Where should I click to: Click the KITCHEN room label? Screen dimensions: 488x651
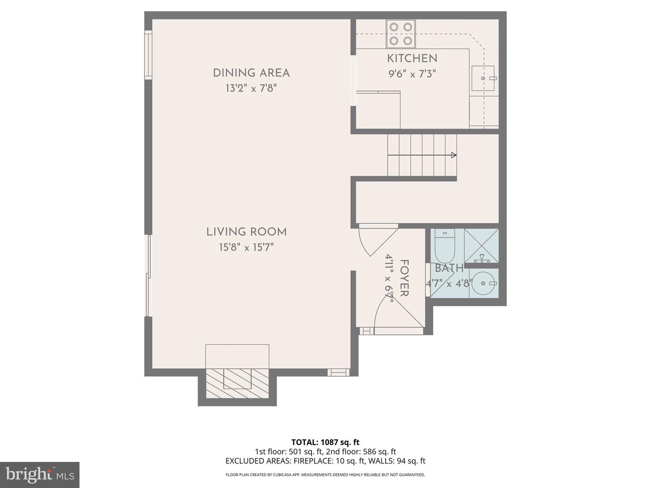pyautogui.click(x=412, y=58)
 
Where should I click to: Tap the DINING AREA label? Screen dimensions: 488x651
pyautogui.click(x=251, y=73)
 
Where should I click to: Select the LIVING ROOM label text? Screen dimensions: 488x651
pyautogui.click(x=246, y=232)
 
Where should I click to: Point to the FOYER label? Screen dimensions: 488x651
pyautogui.click(x=404, y=278)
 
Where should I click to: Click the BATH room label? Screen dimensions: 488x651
pyautogui.click(x=449, y=268)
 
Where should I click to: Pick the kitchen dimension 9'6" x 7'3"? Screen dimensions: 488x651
pyautogui.click(x=412, y=74)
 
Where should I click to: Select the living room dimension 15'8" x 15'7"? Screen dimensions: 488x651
pyautogui.click(x=246, y=247)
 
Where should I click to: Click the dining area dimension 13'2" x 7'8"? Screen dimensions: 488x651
pyautogui.click(x=251, y=88)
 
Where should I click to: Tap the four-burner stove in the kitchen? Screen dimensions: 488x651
pyautogui.click(x=401, y=34)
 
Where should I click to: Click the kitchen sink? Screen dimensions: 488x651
pyautogui.click(x=483, y=79)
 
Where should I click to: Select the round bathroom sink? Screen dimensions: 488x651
pyautogui.click(x=484, y=283)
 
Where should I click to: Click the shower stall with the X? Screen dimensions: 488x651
pyautogui.click(x=481, y=246)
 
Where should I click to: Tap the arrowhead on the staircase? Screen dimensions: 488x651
pyautogui.click(x=453, y=155)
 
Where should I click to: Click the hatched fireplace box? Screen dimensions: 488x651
pyautogui.click(x=237, y=383)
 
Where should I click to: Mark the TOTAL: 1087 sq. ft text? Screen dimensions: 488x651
pyautogui.click(x=325, y=442)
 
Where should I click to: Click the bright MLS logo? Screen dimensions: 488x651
pyautogui.click(x=40, y=474)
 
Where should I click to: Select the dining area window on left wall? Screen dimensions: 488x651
pyautogui.click(x=148, y=55)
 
